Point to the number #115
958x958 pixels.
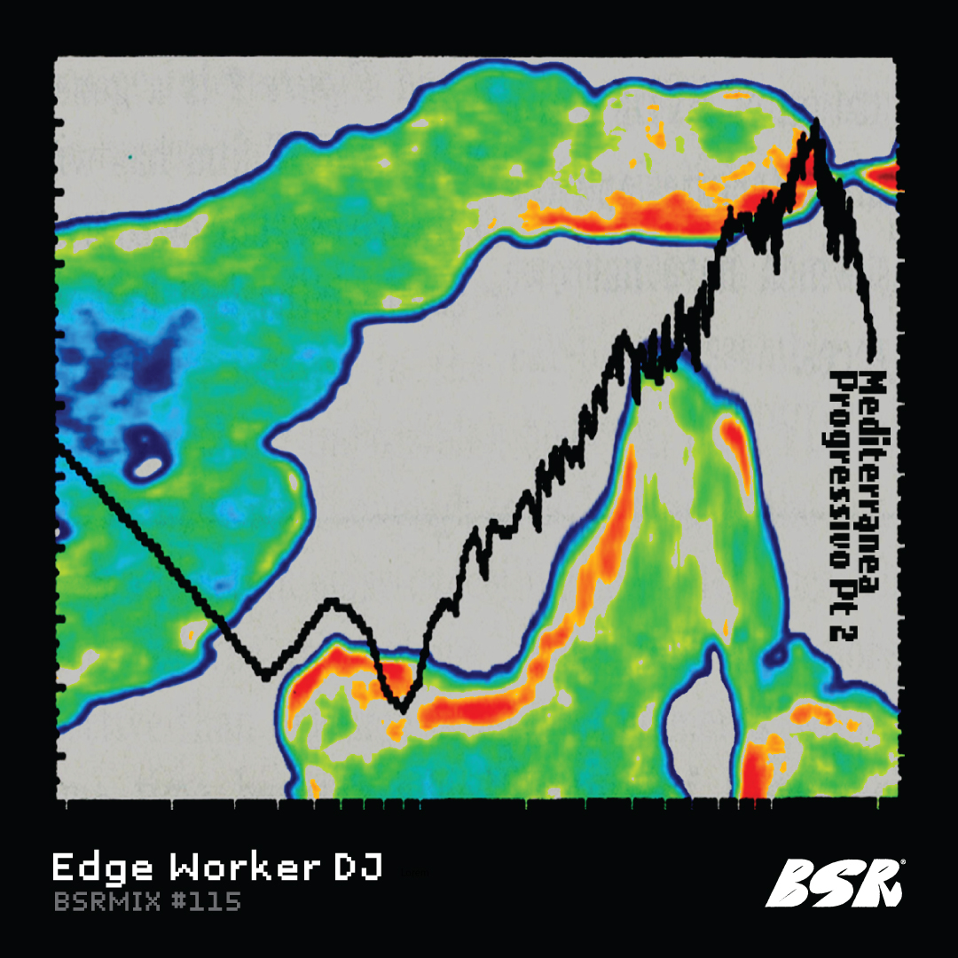tap(206, 903)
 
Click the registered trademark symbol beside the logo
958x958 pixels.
tap(902, 861)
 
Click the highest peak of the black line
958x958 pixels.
tap(814, 122)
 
